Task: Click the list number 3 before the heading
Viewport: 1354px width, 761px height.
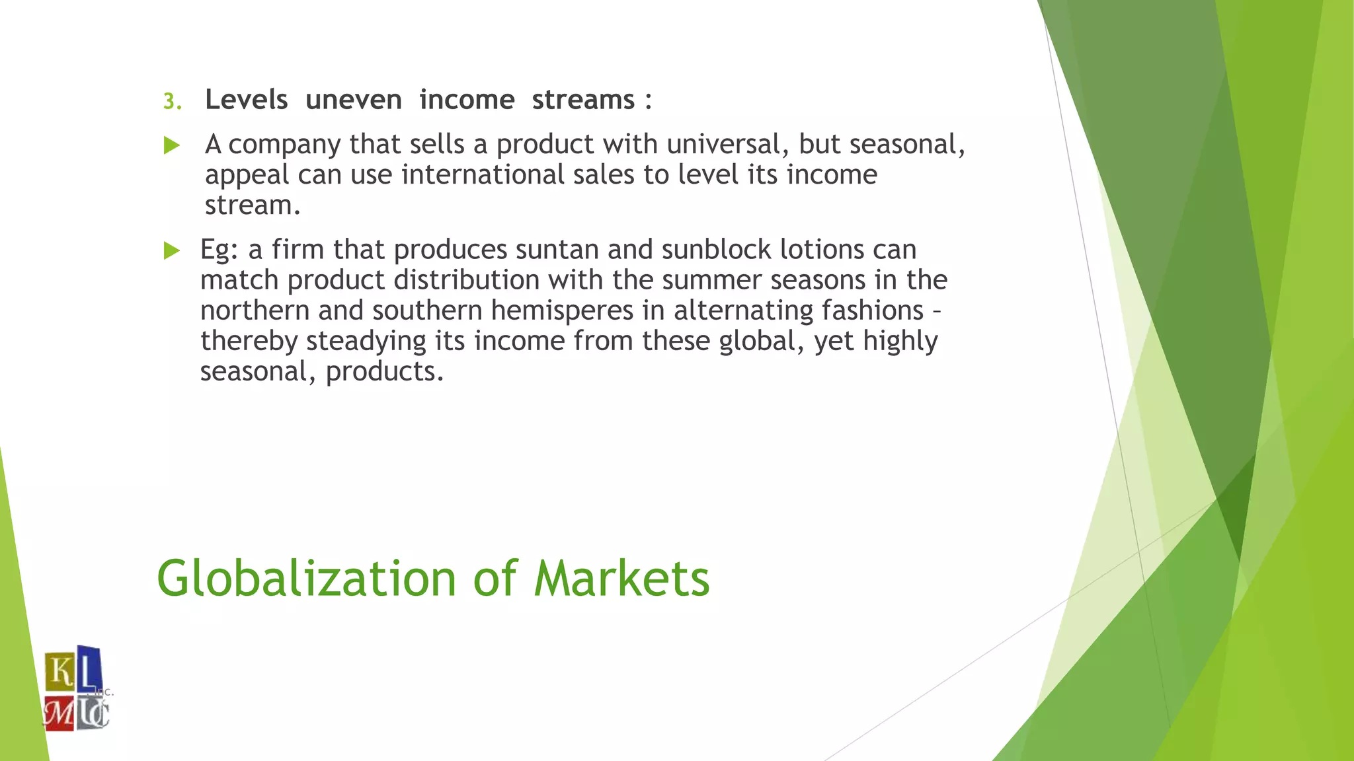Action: point(171,101)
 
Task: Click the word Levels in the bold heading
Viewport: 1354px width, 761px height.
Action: point(247,100)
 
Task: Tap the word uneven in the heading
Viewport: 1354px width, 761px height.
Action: point(354,100)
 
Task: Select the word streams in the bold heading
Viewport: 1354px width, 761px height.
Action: point(583,100)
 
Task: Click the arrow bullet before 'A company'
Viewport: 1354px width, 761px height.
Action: point(172,145)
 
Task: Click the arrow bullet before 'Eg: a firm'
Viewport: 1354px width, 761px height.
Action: point(172,250)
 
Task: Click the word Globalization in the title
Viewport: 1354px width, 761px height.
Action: point(306,579)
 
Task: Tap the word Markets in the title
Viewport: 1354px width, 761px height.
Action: point(621,579)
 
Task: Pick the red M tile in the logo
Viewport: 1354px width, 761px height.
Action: point(59,713)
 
